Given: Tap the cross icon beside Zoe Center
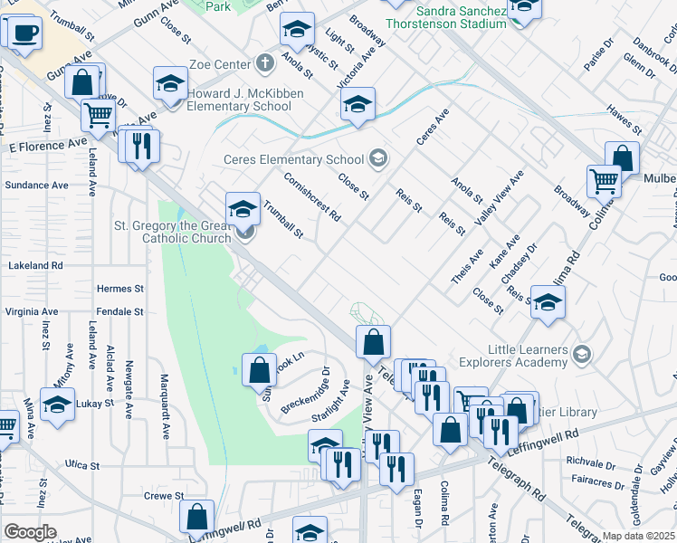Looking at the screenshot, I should coord(263,63).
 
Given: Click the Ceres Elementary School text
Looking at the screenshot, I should coord(293,160).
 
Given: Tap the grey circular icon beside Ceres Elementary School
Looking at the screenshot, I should coord(377,160).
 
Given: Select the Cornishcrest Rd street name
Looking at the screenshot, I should coord(311,196).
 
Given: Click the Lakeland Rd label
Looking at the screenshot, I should coord(34,266).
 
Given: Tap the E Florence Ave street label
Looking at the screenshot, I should coord(49,145).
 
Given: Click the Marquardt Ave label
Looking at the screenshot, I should coord(165,405).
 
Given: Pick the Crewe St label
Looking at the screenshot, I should coord(164,496).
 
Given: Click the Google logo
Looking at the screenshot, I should coord(30,532).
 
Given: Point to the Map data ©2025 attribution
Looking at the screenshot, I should coord(638,536).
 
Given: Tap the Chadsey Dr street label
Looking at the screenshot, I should coord(519,261).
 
